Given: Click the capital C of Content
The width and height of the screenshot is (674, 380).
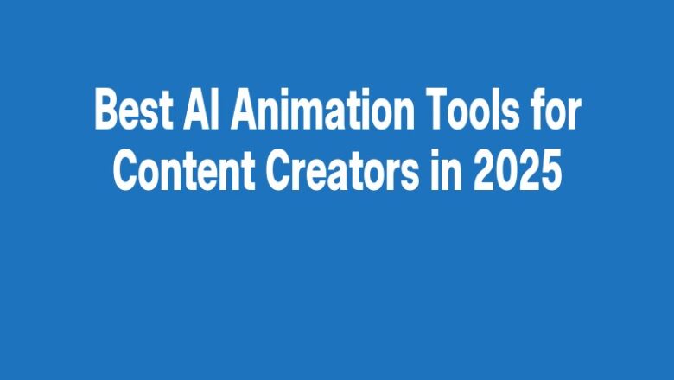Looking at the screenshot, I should tap(126, 168).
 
